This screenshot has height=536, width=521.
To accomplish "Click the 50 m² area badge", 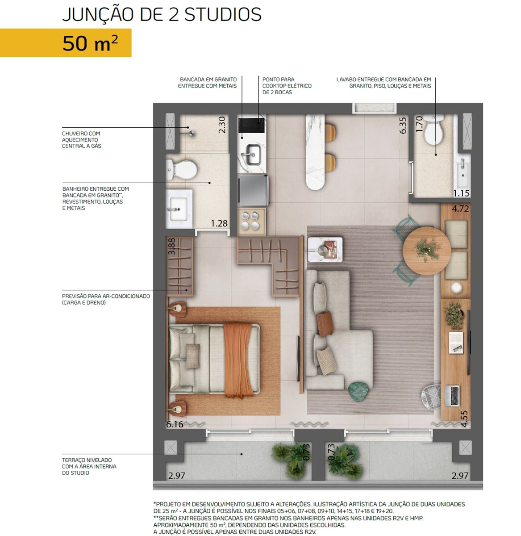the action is click(66, 43).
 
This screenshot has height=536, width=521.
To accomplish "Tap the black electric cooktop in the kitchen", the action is click(251, 126).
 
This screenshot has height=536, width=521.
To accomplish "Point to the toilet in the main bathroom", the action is click(181, 170).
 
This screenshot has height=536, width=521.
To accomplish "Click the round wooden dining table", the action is click(426, 251).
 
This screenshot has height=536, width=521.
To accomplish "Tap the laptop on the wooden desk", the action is click(452, 396).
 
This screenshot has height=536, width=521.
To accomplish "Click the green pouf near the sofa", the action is click(358, 391).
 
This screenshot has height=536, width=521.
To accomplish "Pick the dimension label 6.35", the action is click(403, 126).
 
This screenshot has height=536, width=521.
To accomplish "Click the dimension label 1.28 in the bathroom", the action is click(219, 223).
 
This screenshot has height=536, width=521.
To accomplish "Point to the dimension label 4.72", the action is click(460, 209).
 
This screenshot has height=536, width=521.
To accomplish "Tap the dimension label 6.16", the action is click(175, 424).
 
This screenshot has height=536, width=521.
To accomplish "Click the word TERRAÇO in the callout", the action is click(73, 460).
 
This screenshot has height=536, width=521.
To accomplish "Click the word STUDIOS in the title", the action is click(223, 15).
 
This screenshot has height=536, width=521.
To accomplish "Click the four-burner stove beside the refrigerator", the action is click(252, 222).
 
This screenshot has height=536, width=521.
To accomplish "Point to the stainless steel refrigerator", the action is click(254, 190).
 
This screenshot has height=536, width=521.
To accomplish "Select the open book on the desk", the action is click(456, 343).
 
